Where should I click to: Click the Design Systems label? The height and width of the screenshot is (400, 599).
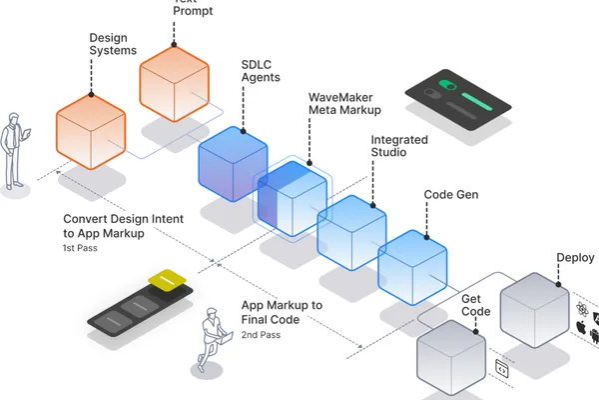click(x=113, y=44)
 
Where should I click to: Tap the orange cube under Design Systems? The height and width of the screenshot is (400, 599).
click(x=91, y=132)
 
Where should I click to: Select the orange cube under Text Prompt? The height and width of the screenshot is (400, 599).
click(x=174, y=83)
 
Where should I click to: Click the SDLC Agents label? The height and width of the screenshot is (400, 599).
click(x=261, y=71)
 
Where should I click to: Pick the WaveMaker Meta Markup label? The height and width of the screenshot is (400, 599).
click(x=344, y=104)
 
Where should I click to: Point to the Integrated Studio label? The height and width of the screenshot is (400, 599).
click(x=399, y=146)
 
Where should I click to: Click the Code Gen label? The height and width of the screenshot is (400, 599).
click(x=451, y=194)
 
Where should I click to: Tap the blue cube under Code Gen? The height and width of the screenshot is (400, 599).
click(x=412, y=268)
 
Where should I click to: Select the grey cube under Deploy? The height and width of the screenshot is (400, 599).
click(x=534, y=310)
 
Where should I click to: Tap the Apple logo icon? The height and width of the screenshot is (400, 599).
click(x=581, y=327)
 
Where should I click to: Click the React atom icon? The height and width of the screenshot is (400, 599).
click(x=582, y=309)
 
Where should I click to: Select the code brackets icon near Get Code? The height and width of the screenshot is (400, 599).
click(x=502, y=369)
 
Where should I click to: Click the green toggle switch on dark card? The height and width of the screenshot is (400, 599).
click(x=447, y=85)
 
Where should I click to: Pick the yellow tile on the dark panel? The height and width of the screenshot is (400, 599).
click(x=167, y=279)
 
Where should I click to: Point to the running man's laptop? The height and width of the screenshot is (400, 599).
click(x=226, y=338)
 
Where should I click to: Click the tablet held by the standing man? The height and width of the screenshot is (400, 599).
click(x=27, y=134)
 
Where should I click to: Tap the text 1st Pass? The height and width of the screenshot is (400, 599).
click(x=80, y=248)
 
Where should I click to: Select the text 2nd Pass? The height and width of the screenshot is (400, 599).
click(x=261, y=335)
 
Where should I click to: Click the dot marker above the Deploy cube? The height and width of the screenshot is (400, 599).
click(x=558, y=284)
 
